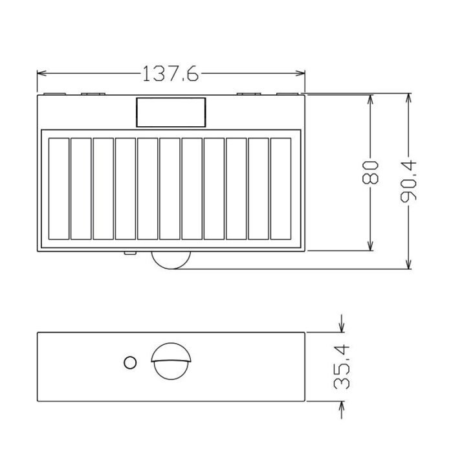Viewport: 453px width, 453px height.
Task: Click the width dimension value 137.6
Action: pyautogui.click(x=170, y=73)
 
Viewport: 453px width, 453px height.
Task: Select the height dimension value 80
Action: pyautogui.click(x=370, y=173)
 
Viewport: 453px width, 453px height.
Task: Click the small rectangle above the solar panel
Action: pyautogui.click(x=171, y=112)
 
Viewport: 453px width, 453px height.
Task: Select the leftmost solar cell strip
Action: pyautogui.click(x=58, y=188)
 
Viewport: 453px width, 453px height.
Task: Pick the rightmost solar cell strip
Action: pyautogui.click(x=281, y=188)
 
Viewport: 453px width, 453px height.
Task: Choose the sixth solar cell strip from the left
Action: pyautogui.click(x=170, y=188)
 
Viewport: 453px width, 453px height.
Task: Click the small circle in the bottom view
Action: pyautogui.click(x=129, y=362)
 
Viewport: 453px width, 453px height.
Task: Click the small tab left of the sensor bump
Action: pyautogui.click(x=129, y=253)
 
